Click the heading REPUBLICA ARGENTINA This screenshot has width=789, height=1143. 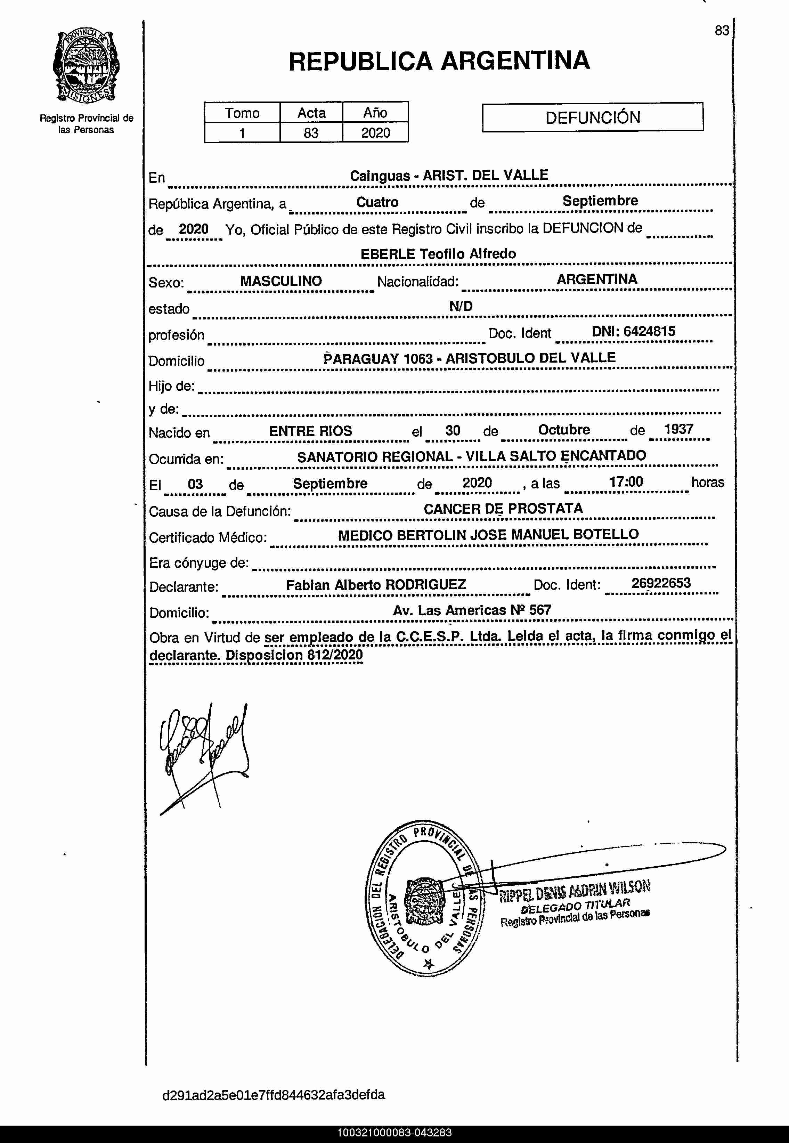pyautogui.click(x=439, y=61)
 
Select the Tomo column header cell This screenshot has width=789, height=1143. pyautogui.click(x=242, y=113)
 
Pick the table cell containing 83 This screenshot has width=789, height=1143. pyautogui.click(x=311, y=133)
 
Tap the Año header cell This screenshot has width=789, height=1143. pyautogui.click(x=375, y=113)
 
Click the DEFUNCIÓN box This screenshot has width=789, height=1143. pyautogui.click(x=592, y=117)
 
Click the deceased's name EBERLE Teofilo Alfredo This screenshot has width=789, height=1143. pyautogui.click(x=438, y=254)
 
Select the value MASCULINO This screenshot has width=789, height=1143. pyautogui.click(x=281, y=281)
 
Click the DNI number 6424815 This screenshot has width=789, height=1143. pyautogui.click(x=649, y=331)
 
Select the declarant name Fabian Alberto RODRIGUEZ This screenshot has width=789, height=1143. pyautogui.click(x=376, y=585)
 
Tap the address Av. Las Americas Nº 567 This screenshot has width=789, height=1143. pyautogui.click(x=472, y=610)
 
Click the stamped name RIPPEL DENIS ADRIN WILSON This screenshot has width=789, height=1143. pyautogui.click(x=575, y=890)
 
